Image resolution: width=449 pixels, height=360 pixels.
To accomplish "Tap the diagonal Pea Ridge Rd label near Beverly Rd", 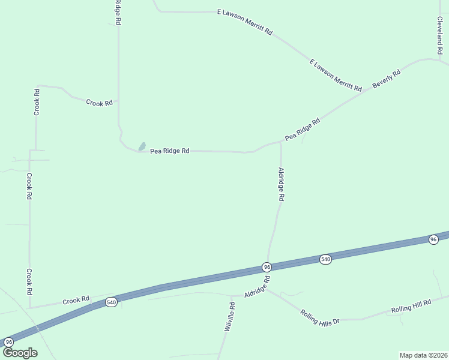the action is click(x=303, y=129).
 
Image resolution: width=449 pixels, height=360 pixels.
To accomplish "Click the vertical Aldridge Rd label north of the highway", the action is click(x=281, y=184).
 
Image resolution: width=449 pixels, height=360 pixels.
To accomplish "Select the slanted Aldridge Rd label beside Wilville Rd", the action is click(x=258, y=287).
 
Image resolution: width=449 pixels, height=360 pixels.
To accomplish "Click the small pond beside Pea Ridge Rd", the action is click(x=142, y=146).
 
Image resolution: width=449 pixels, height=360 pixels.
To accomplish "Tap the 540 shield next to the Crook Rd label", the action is click(x=110, y=301).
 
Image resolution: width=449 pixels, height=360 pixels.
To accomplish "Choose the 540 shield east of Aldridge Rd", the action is click(x=325, y=259).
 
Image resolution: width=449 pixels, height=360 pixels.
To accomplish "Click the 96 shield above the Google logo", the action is click(x=8, y=341).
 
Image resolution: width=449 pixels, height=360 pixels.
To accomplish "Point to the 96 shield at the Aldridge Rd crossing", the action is click(x=267, y=266).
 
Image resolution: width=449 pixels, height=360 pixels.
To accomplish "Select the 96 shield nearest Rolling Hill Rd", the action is click(x=433, y=239).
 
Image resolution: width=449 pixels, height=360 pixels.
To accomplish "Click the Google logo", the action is click(x=20, y=353).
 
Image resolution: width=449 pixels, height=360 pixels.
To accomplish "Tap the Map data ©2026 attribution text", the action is click(x=423, y=355).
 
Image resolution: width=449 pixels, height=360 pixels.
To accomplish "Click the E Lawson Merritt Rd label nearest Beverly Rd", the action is click(x=336, y=75).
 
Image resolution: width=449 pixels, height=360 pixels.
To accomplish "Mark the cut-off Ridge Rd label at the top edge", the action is click(x=118, y=12).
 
